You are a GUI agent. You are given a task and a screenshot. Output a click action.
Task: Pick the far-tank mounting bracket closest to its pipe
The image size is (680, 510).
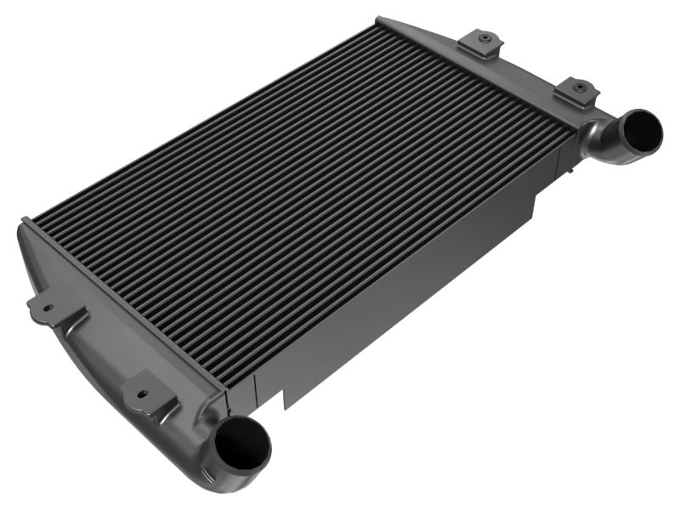point(576,91)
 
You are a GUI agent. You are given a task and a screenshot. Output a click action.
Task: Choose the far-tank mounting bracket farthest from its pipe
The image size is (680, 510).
point(479,42)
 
